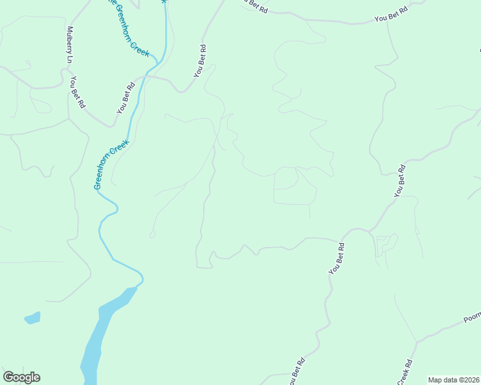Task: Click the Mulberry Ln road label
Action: [x=68, y=45]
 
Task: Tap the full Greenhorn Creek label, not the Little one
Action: [x=112, y=164]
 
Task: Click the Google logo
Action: [x=21, y=377]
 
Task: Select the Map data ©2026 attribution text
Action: [x=454, y=380]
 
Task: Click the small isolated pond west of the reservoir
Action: [x=32, y=318]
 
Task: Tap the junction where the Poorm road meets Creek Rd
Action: [x=417, y=343]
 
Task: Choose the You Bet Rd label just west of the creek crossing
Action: [x=125, y=98]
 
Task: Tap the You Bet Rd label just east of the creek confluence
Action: [x=200, y=61]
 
